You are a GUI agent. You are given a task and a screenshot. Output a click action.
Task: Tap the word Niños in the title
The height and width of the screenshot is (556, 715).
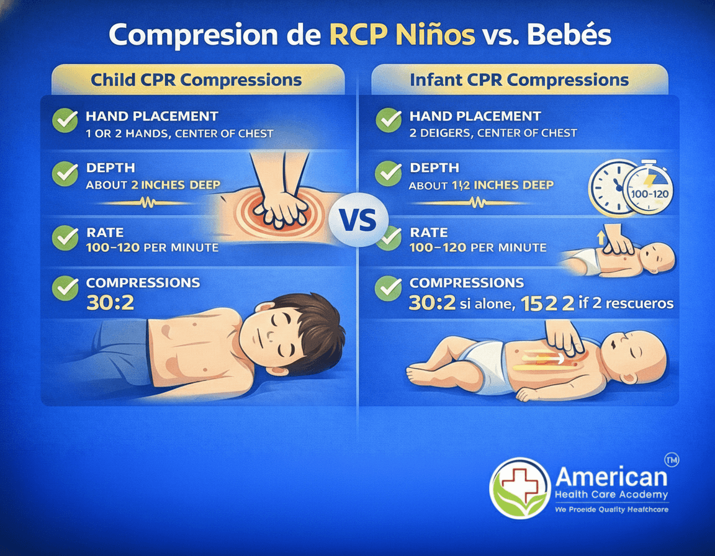click(x=432, y=35)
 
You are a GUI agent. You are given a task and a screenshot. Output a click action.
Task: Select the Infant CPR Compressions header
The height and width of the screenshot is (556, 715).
click(x=519, y=79)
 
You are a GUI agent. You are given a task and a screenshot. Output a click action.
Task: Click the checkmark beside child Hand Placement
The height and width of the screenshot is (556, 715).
click(x=65, y=120)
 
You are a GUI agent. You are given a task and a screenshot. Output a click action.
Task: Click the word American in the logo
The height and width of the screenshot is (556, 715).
click(x=611, y=477)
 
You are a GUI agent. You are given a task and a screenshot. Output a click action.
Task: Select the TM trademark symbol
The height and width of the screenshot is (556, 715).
click(x=671, y=460)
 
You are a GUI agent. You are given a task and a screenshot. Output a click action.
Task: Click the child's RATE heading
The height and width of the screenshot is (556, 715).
click(x=105, y=233)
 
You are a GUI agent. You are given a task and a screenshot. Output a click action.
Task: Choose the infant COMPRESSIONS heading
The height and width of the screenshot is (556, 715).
click(x=466, y=283)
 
